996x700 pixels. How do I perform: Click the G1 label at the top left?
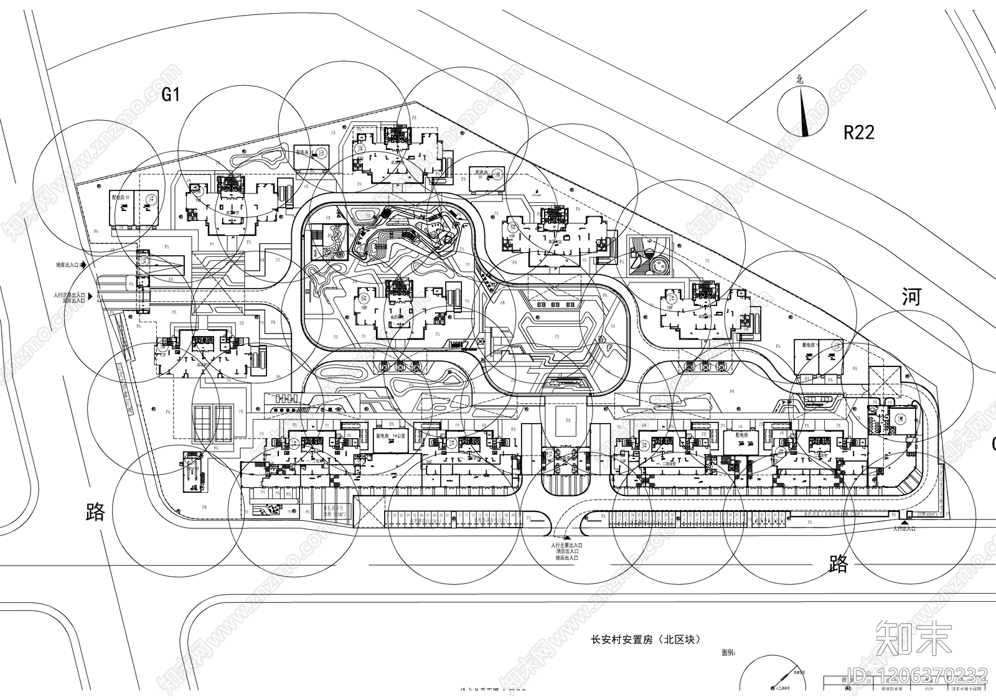pyautogui.click(x=171, y=95)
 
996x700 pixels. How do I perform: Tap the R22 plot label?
pyautogui.click(x=858, y=132)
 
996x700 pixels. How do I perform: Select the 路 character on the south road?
pyautogui.click(x=839, y=564)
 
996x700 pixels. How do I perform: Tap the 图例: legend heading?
pyautogui.click(x=729, y=653)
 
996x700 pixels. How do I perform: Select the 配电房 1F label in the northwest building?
pyautogui.click(x=121, y=197)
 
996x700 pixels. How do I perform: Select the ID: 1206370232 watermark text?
pyautogui.click(x=917, y=674)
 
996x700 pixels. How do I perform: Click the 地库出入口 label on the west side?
pyautogui.click(x=67, y=265)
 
